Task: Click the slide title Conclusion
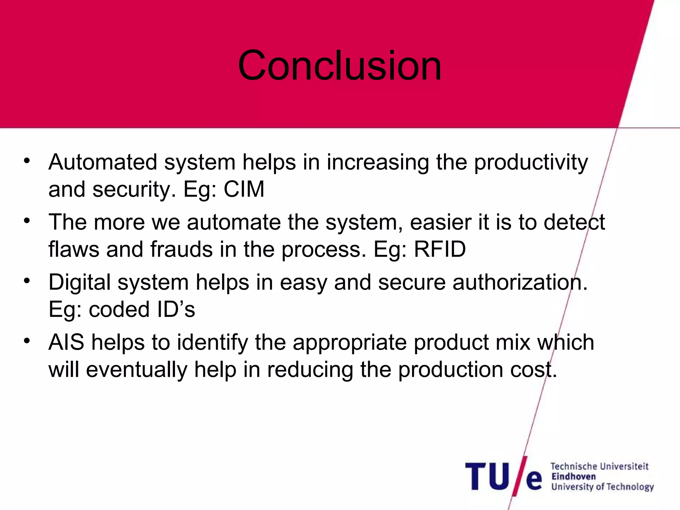click(339, 65)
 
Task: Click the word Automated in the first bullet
click(103, 162)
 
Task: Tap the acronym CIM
click(244, 189)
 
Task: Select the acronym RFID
click(440, 249)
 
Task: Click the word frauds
click(181, 249)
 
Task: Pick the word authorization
click(520, 283)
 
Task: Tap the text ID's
click(176, 309)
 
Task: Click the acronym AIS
click(66, 342)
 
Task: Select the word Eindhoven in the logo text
click(573, 477)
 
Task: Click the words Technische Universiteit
click(599, 467)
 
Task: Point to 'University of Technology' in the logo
click(602, 487)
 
